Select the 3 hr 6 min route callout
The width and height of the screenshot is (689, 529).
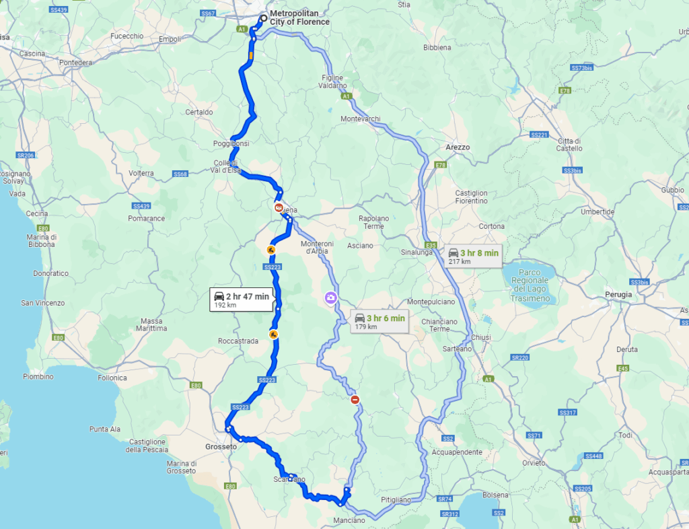[x=380, y=322]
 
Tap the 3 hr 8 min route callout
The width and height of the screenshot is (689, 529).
[x=474, y=256]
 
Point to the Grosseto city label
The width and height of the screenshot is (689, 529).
[x=221, y=446]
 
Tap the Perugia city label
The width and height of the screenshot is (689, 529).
[x=618, y=295]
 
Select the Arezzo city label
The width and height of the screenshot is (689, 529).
[x=458, y=147]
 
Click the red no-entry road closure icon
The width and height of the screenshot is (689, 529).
[x=355, y=400]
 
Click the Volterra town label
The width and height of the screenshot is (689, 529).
[x=141, y=173]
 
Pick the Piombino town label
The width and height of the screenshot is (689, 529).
[x=38, y=376]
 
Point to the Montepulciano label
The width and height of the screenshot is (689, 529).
[x=432, y=302]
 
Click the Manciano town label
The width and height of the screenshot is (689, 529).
[x=349, y=520]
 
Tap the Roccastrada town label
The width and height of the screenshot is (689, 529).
[x=238, y=341]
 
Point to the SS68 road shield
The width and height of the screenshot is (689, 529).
[x=180, y=174]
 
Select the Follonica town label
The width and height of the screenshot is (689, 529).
[x=112, y=378]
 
